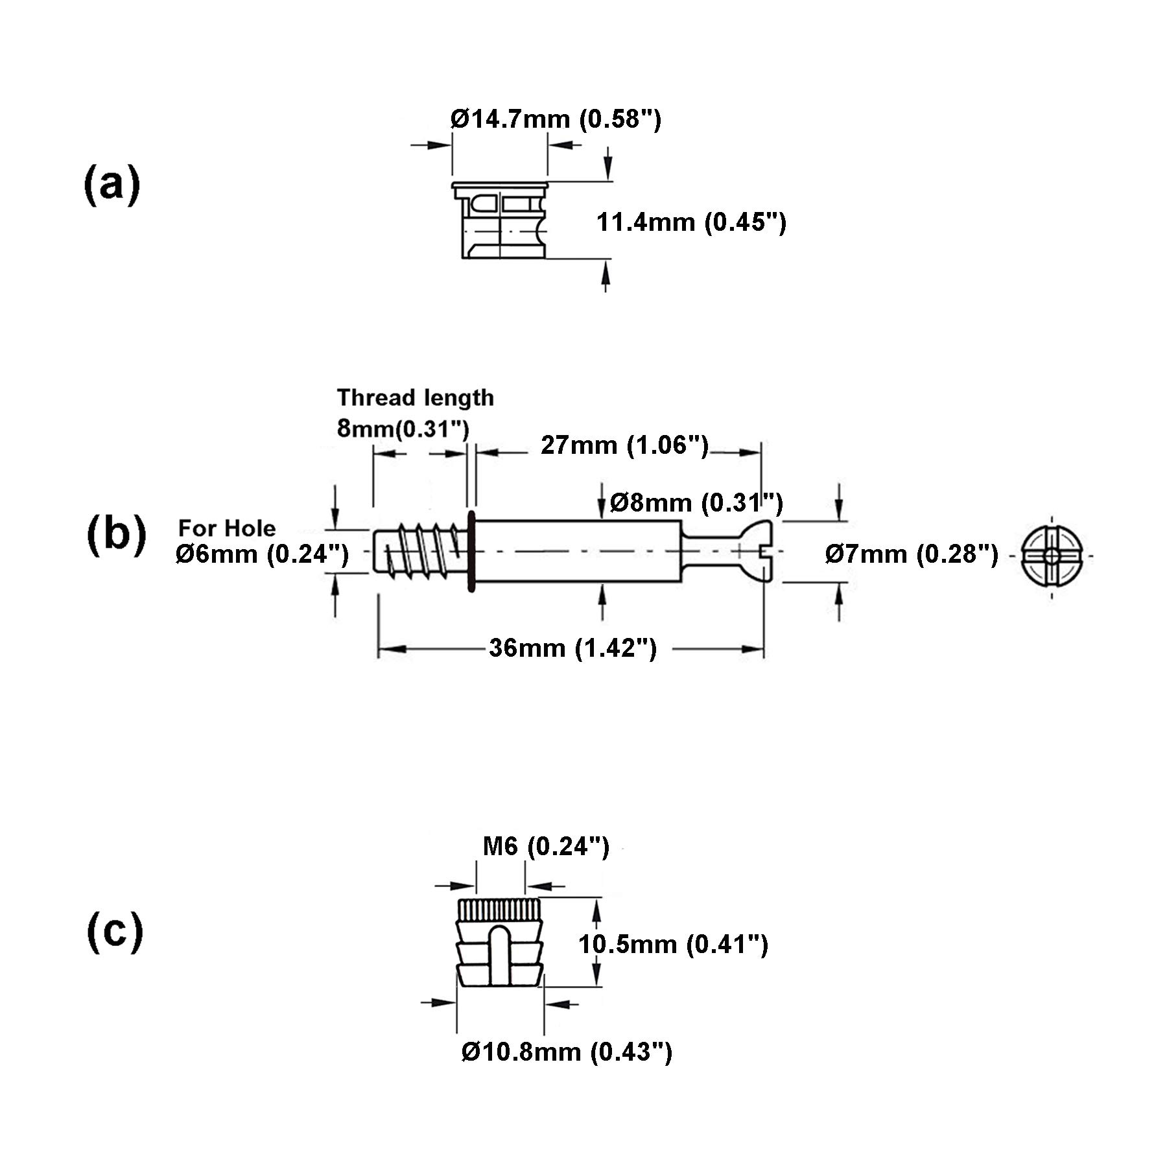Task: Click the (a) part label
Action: [112, 185]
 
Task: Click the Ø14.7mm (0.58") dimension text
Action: [556, 119]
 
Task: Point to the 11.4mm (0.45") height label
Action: [691, 222]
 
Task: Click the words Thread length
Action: [415, 397]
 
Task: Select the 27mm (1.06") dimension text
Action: [625, 445]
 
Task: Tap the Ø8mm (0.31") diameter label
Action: [697, 502]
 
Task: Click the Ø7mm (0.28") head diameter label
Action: [912, 554]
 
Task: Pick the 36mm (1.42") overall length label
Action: [573, 648]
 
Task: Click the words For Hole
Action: [227, 528]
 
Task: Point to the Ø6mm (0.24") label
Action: [262, 554]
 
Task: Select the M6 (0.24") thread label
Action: [546, 847]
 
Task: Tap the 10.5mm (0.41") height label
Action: [673, 944]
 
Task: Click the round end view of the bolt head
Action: [1052, 556]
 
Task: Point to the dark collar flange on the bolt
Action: [471, 550]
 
